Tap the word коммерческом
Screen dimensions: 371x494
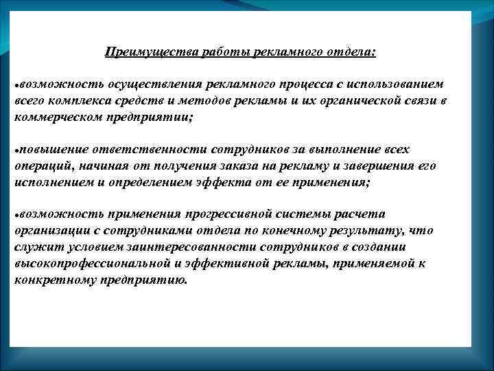[53, 117]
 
